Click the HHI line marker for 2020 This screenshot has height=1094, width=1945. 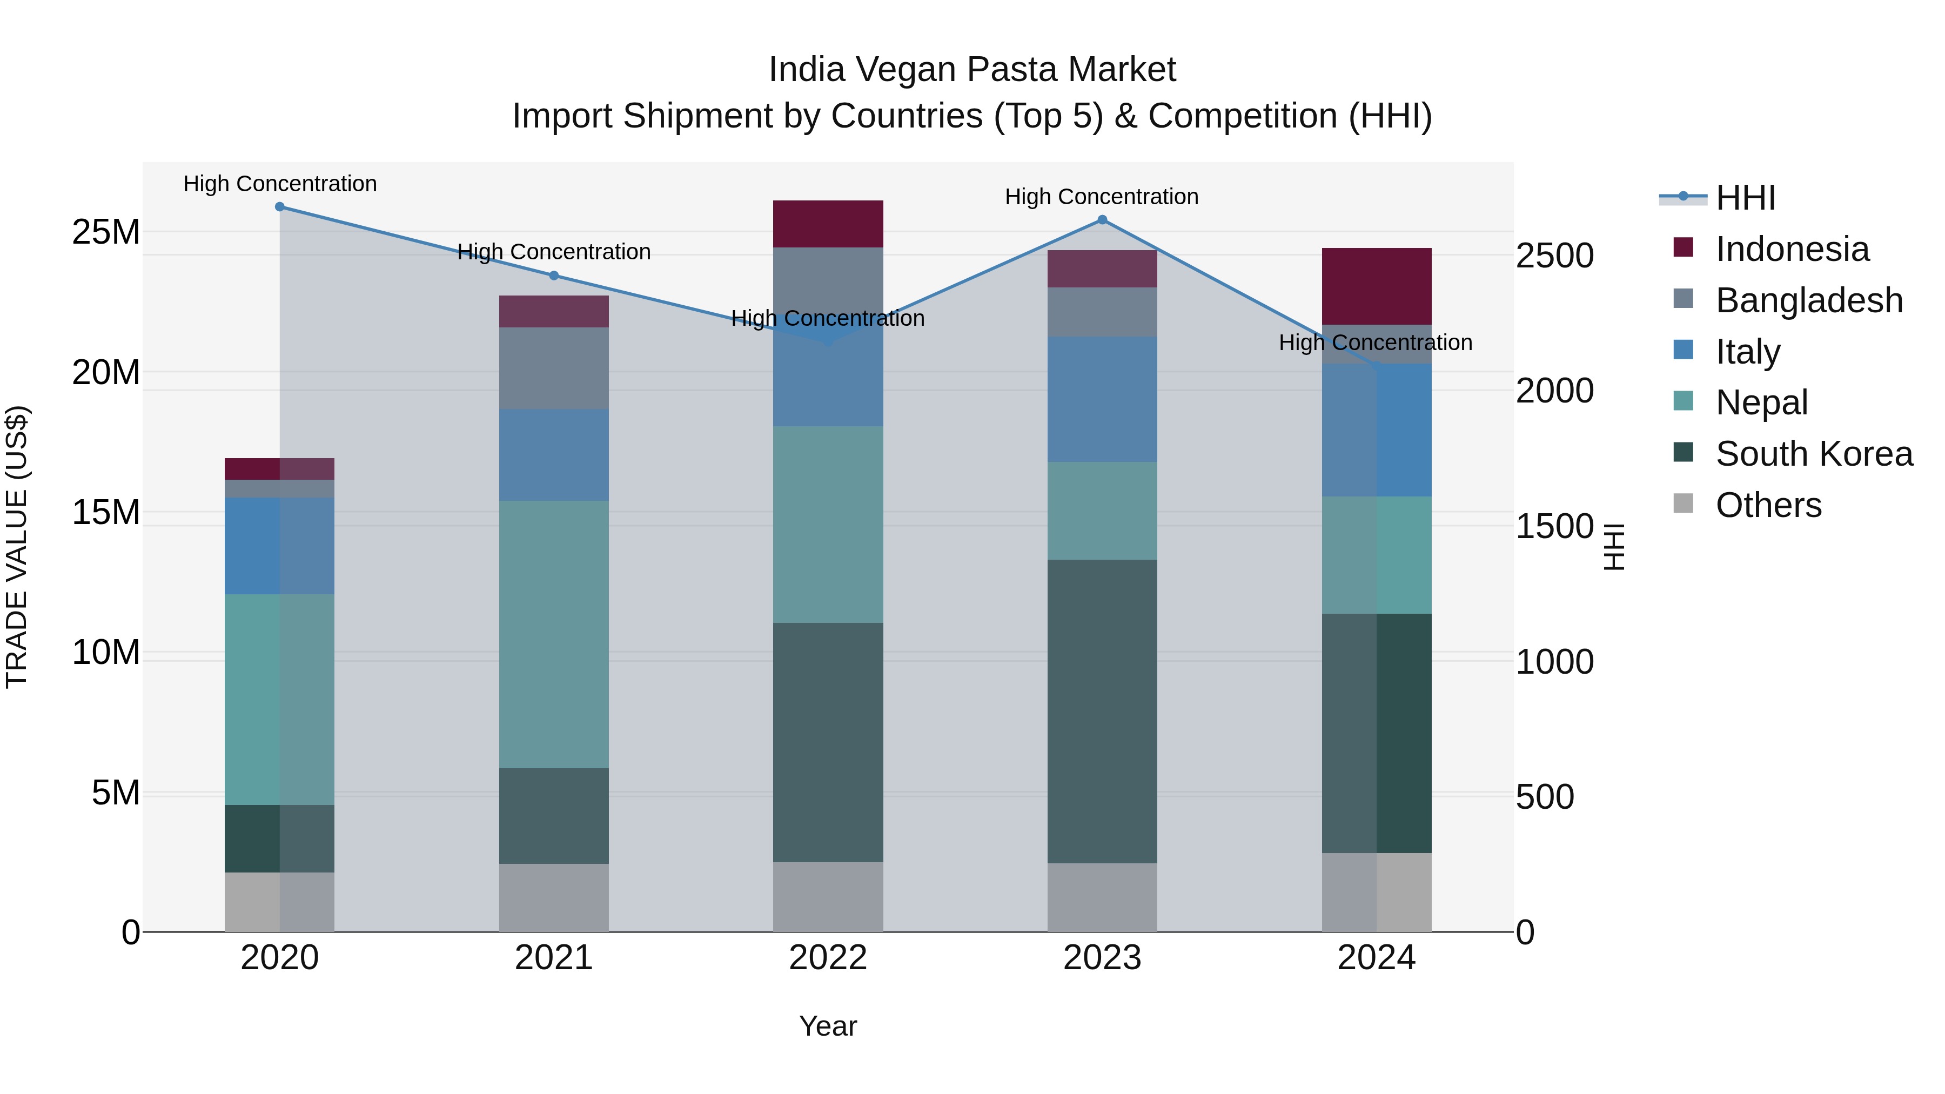click(279, 207)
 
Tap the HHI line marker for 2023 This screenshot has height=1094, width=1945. click(1102, 220)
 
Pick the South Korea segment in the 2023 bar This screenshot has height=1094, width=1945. click(1102, 710)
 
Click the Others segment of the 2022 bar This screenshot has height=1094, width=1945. click(828, 896)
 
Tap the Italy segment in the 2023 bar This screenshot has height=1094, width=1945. click(1102, 399)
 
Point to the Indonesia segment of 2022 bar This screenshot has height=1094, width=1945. click(828, 224)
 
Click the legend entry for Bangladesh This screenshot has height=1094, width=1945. click(1808, 300)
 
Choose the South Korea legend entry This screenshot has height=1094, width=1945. click(1814, 454)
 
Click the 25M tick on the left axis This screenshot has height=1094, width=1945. click(106, 232)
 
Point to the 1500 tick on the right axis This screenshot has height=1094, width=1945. click(1554, 526)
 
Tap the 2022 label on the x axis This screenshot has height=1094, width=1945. click(828, 958)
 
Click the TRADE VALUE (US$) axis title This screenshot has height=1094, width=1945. click(17, 547)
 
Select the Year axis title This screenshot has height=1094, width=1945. click(828, 1026)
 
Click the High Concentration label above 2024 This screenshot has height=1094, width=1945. click(1375, 343)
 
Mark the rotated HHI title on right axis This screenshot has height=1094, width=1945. click(1613, 547)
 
